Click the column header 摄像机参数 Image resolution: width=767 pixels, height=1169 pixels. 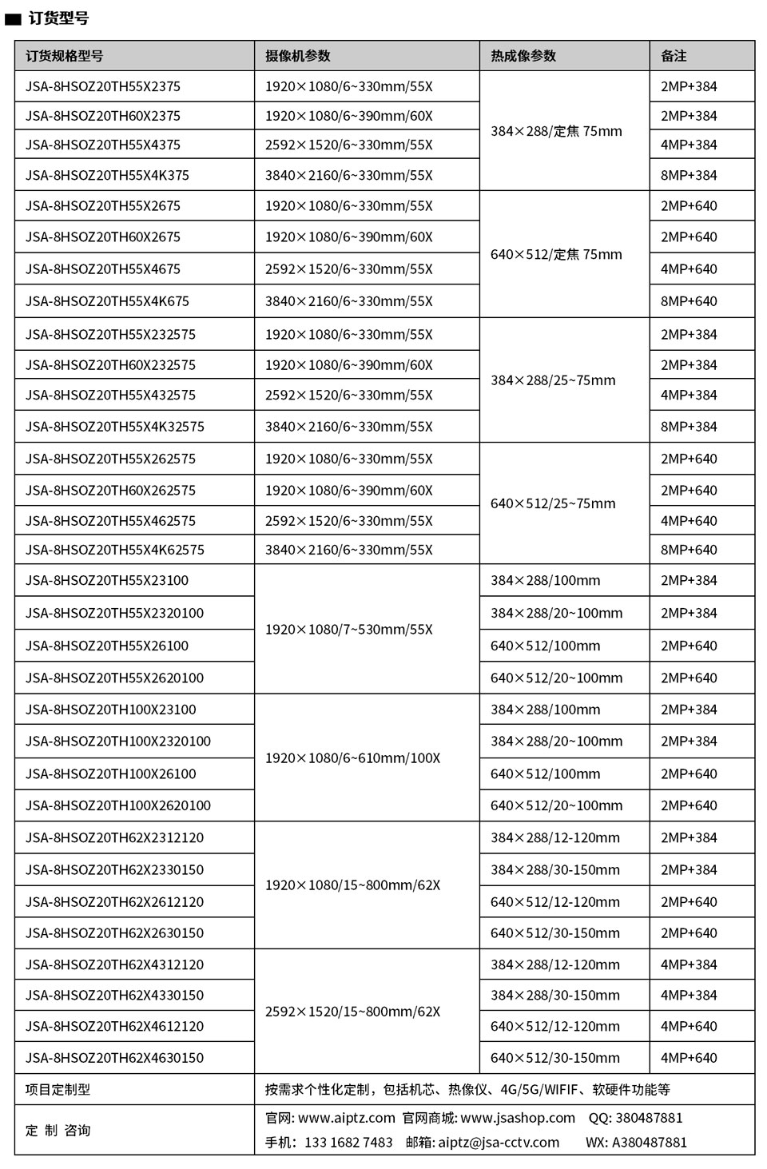297,56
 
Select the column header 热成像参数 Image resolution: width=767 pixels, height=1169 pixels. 523,56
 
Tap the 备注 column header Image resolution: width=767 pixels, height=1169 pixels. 674,56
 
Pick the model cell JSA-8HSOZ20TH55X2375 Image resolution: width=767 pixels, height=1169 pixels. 103,86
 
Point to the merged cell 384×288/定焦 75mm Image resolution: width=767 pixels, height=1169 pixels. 556,131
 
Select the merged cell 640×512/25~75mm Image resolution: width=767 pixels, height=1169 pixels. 553,503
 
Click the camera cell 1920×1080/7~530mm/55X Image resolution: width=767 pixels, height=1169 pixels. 348,629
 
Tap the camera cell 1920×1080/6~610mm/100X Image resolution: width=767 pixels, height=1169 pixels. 352,757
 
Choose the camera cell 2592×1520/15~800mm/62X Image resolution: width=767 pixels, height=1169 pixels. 352,1012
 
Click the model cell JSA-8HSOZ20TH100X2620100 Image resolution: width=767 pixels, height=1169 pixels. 118,805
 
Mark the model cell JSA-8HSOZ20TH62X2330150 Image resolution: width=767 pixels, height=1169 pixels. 114,869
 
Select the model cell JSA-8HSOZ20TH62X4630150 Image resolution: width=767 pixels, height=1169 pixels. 114,1058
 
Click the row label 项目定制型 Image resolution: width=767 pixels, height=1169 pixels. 58,1089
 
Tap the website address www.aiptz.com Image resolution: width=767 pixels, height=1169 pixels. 347,1118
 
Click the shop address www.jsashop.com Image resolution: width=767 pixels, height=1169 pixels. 518,1118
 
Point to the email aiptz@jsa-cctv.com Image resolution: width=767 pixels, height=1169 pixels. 499,1143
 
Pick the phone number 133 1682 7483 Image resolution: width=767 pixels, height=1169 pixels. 348,1143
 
